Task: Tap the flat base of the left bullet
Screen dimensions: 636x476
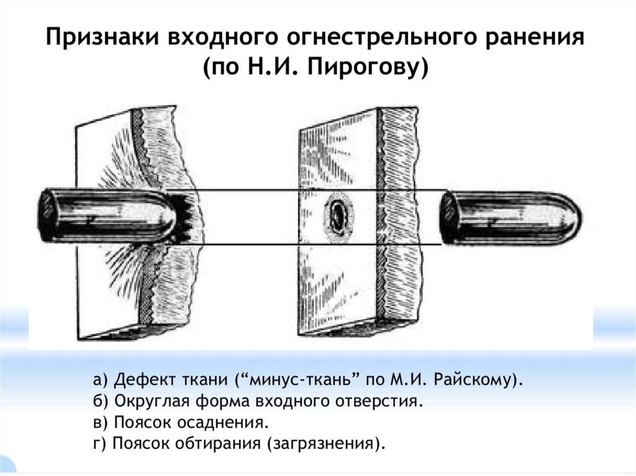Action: click(x=45, y=215)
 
